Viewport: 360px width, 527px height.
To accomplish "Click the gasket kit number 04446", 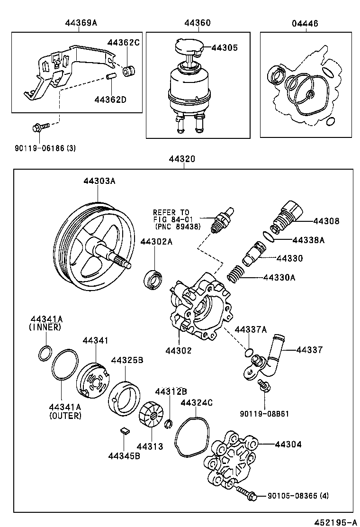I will pyautogui.click(x=305, y=23).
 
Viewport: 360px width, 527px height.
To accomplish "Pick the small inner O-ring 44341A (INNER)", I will pyautogui.click(x=45, y=353).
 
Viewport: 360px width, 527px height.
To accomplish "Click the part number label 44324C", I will pyautogui.click(x=197, y=403).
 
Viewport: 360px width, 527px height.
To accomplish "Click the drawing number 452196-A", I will pyautogui.click(x=337, y=521).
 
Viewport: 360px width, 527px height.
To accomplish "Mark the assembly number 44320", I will pyautogui.click(x=182, y=160).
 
